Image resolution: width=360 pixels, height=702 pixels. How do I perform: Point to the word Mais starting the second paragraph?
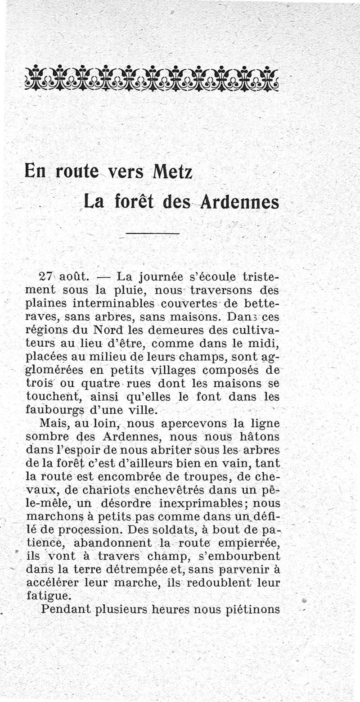point(53,423)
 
